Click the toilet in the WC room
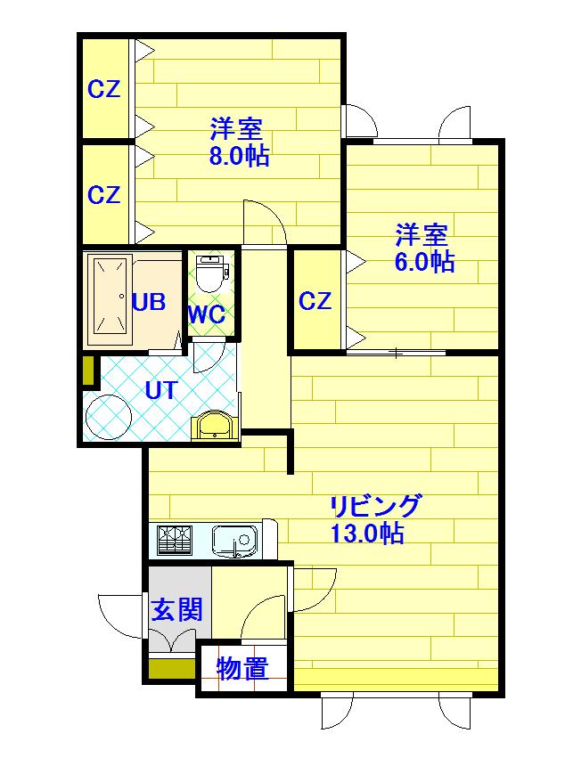[x=211, y=273]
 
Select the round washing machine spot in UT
[x=108, y=417]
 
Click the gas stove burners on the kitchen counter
[x=174, y=539]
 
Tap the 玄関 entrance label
[x=176, y=610]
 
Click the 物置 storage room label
[x=242, y=668]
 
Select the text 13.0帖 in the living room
[x=367, y=533]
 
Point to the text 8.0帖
[x=239, y=156]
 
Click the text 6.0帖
[x=424, y=262]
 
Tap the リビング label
[x=375, y=506]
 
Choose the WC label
[x=208, y=314]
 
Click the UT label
[x=160, y=390]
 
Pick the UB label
[x=149, y=302]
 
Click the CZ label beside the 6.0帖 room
[x=315, y=301]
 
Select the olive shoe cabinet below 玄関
[x=171, y=669]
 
